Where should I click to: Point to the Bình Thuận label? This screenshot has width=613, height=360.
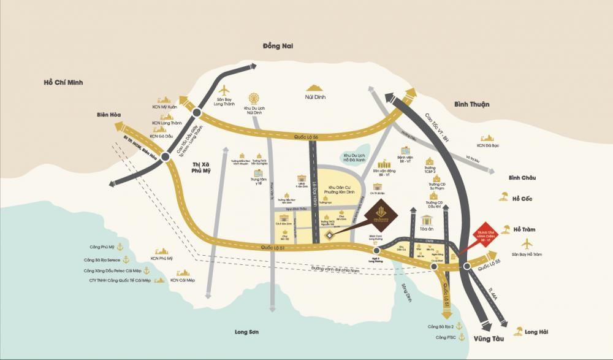pos(471,104)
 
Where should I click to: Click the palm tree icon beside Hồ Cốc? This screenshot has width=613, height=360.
pos(503,197)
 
